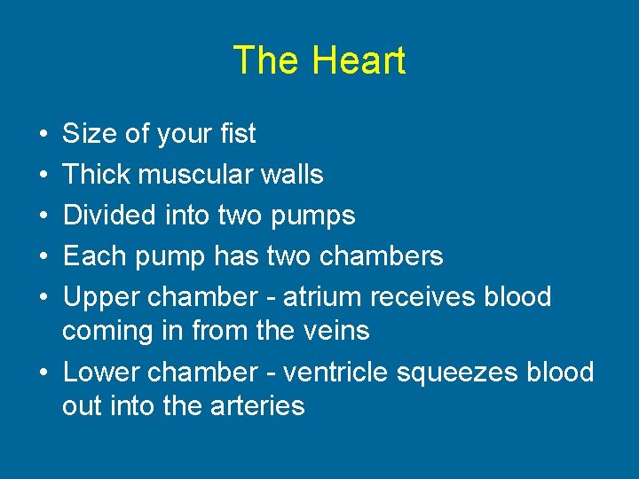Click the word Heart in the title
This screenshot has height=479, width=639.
(358, 60)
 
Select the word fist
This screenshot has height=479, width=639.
(236, 134)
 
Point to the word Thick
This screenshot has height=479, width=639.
(95, 174)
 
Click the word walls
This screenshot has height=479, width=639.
(295, 174)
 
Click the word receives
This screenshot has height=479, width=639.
(422, 296)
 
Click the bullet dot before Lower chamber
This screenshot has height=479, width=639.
(43, 373)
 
